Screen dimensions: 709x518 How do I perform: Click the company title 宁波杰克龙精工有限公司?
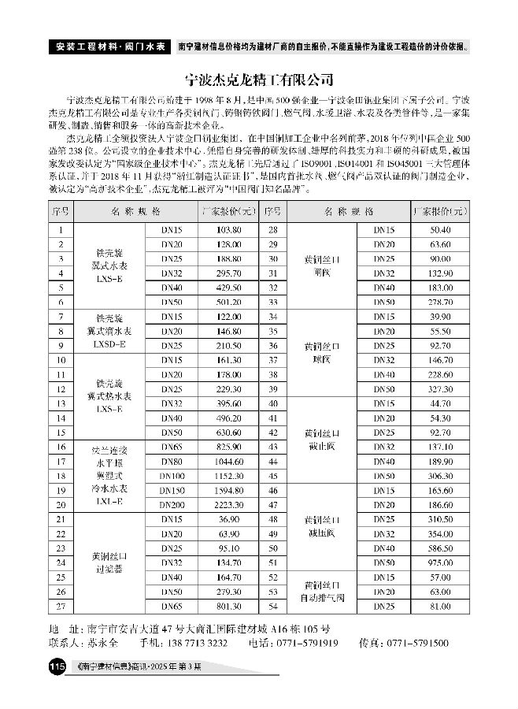coord(259,80)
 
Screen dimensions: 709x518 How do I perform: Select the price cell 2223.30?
coord(228,503)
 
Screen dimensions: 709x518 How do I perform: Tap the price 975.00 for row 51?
coord(440,562)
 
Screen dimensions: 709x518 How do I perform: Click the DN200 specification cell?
coord(172,503)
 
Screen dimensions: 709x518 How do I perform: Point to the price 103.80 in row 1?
coord(228,229)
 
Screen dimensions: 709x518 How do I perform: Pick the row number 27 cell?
coord(60,606)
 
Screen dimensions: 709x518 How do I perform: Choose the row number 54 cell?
coord(272,606)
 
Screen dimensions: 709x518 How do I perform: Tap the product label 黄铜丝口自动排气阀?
coord(324,592)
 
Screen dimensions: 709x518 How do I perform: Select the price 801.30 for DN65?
coord(228,606)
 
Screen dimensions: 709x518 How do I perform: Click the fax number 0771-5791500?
coord(424,643)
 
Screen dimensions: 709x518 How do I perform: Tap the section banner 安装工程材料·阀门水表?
coord(109,46)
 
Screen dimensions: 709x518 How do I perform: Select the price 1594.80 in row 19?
coord(228,489)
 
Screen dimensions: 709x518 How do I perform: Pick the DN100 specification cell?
coord(172,475)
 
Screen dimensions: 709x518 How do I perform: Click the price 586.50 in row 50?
coord(440,548)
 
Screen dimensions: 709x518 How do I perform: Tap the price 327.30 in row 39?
coord(440,389)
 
